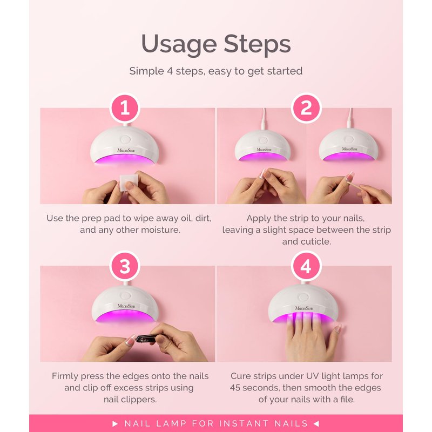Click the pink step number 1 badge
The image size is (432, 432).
(125, 108)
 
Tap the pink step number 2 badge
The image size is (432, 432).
(306, 108)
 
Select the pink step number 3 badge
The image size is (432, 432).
(125, 266)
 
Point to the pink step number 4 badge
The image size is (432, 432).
(306, 266)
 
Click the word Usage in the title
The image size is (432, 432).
(179, 45)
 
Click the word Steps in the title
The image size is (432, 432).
(257, 44)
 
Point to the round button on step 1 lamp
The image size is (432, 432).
(125, 139)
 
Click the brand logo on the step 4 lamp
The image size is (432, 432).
(304, 308)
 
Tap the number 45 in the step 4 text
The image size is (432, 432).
(235, 388)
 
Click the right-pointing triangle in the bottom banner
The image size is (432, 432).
(115, 423)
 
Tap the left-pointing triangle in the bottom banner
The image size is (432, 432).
(316, 423)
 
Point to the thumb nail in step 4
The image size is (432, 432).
(338, 329)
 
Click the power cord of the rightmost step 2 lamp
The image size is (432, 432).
(350, 118)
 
